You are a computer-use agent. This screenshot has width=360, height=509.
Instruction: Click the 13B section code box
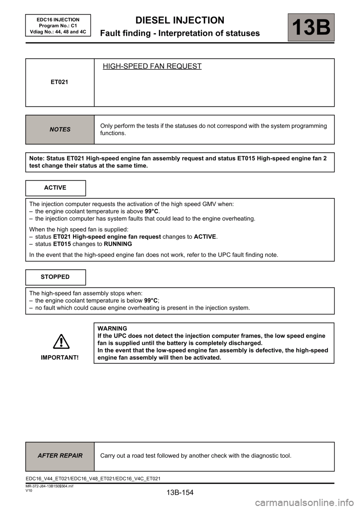click(311, 27)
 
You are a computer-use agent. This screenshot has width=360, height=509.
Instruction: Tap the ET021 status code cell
click(60, 82)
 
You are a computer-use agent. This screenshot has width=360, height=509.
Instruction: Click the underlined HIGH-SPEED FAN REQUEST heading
click(152, 66)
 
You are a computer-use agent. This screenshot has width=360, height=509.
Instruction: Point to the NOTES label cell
click(60, 129)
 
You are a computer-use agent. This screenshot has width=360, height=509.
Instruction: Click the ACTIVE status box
click(55, 188)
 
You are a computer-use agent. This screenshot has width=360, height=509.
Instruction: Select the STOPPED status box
click(55, 277)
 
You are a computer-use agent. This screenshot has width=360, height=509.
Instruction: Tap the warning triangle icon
click(60, 341)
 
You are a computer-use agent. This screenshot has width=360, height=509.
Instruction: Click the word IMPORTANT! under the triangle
click(60, 358)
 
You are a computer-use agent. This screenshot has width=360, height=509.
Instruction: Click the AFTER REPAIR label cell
click(60, 456)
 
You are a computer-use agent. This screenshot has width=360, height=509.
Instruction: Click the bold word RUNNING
click(118, 244)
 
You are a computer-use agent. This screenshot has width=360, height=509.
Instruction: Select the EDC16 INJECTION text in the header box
click(58, 20)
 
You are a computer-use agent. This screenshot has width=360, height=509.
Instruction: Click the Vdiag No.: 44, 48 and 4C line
click(58, 32)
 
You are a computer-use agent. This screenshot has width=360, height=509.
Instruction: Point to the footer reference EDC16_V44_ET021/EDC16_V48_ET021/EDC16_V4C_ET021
click(93, 479)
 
